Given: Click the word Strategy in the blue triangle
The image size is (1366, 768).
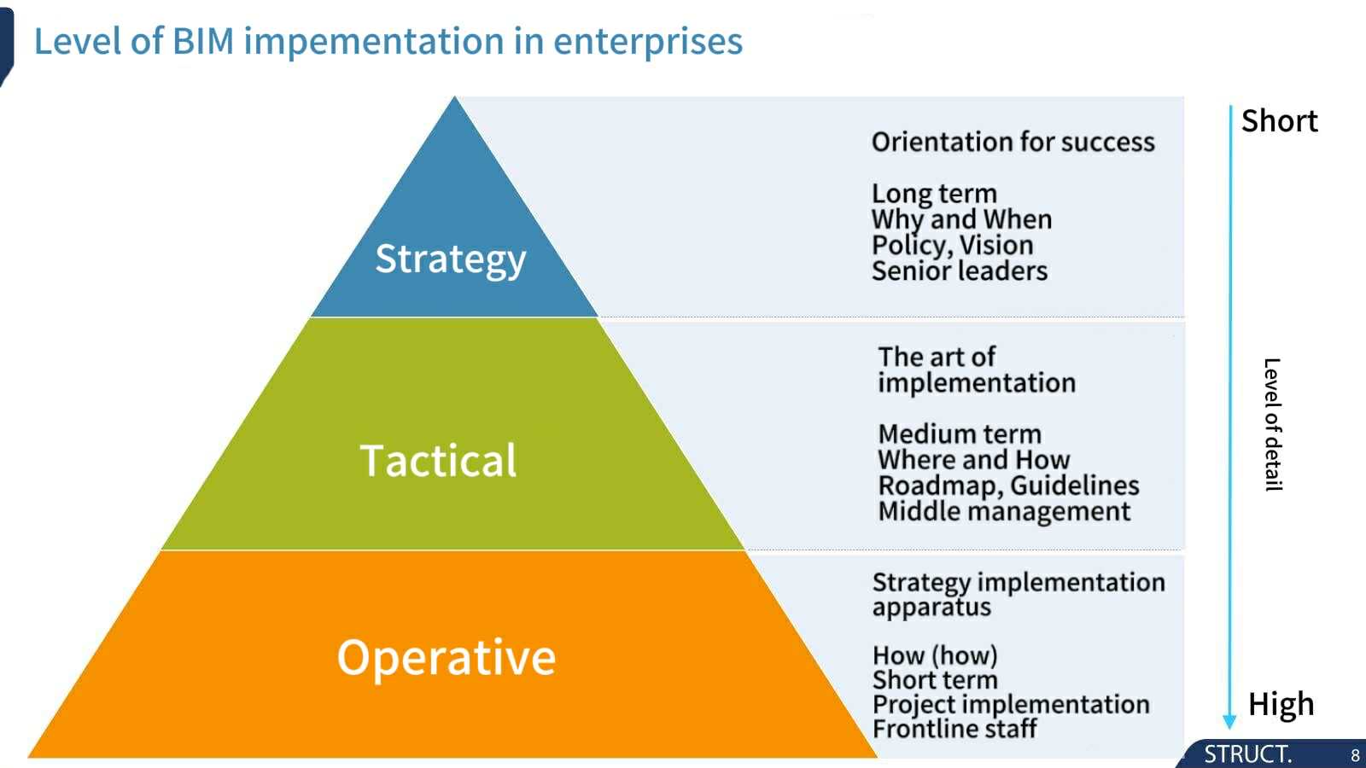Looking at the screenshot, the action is tap(450, 259).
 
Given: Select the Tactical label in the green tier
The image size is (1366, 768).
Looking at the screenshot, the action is tap(438, 460).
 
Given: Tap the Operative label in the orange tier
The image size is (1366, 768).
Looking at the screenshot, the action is tap(447, 657).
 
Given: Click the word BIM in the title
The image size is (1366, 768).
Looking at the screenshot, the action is tap(204, 42).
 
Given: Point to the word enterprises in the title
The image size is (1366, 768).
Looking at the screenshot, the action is tap(648, 43).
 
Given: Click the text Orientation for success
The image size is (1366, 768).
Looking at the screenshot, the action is tap(1013, 142).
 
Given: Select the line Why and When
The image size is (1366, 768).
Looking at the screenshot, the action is tap(961, 219).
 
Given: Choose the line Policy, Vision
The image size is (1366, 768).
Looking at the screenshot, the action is tap(953, 246).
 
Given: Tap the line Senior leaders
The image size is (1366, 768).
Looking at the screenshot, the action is tap(960, 271).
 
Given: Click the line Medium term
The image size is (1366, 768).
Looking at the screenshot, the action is tap(960, 434).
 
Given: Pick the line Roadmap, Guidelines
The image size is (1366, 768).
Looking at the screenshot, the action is tap(1008, 486).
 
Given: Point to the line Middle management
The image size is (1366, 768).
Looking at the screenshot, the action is tap(1004, 511).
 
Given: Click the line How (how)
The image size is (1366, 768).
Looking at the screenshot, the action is tap(935, 656).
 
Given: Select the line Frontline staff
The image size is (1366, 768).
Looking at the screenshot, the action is tap(954, 729).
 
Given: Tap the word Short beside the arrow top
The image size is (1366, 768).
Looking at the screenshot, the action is tap(1280, 120).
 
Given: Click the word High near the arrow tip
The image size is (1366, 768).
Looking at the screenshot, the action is tap(1281, 705).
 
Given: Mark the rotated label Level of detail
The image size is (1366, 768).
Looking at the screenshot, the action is tap(1273, 425).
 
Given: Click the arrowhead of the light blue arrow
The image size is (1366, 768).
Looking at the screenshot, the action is tap(1229, 721).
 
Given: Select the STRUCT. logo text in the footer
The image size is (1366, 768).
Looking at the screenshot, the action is tap(1247, 754).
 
